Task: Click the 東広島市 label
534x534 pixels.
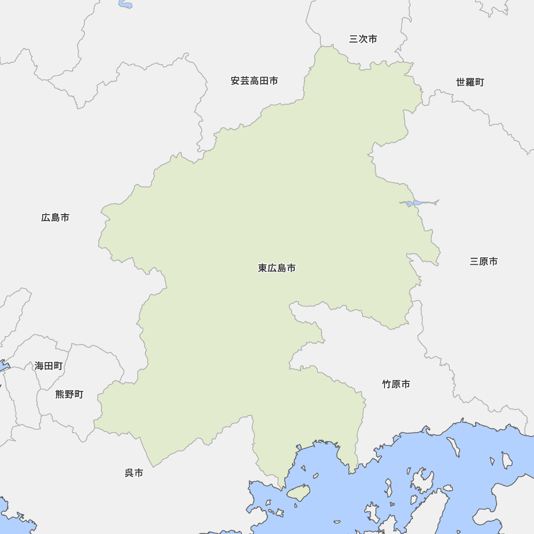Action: click(277, 268)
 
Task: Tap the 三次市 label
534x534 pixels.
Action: click(363, 39)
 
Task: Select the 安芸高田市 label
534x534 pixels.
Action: click(254, 81)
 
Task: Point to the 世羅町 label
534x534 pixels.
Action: click(470, 82)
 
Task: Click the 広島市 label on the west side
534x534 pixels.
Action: click(55, 218)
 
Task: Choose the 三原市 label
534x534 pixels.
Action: click(484, 262)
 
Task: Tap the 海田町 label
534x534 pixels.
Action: click(49, 366)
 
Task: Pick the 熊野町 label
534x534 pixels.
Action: click(69, 395)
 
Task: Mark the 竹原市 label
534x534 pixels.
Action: click(396, 384)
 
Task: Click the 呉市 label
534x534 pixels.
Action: click(133, 473)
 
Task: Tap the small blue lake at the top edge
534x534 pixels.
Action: click(126, 5)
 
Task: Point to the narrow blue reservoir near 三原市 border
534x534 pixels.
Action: click(419, 203)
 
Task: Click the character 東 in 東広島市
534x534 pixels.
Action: click(263, 268)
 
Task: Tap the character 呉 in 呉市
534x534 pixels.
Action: click(129, 473)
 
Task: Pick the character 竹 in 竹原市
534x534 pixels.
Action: click(387, 384)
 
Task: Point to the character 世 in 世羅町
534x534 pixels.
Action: click(461, 82)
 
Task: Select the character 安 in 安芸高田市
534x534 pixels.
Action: click(235, 81)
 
